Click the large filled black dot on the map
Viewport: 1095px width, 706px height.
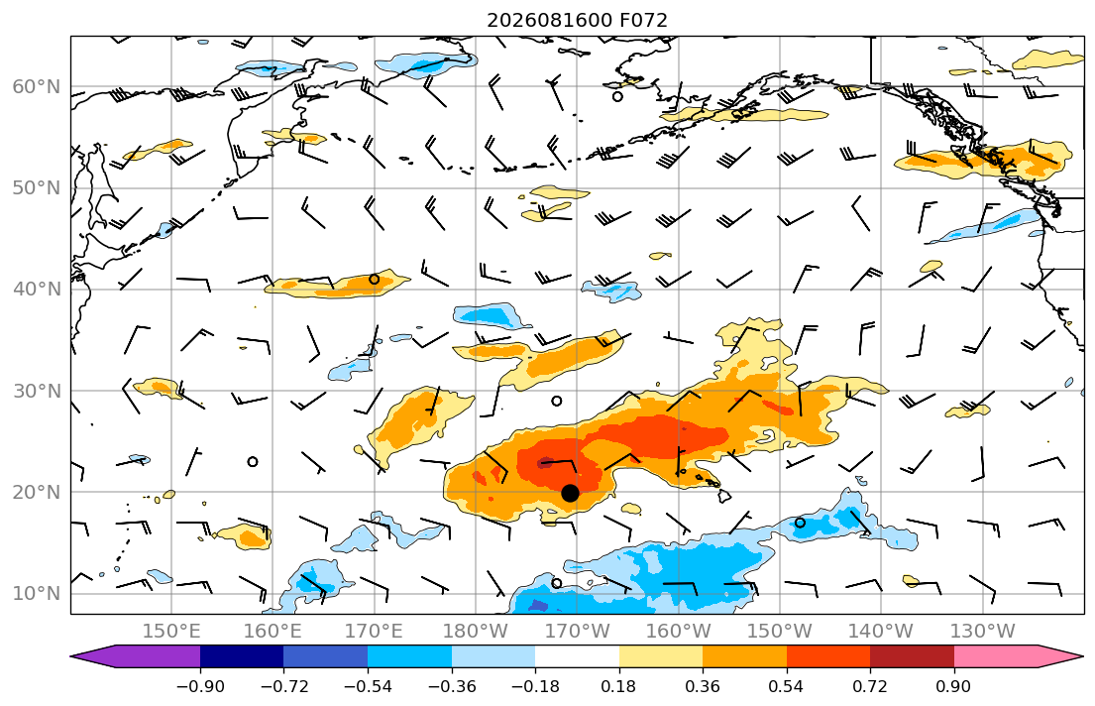pos(570,493)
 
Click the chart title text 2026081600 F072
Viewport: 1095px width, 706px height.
pos(577,20)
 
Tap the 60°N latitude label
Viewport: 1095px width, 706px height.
pos(37,86)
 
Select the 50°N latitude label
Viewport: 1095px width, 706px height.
pos(37,188)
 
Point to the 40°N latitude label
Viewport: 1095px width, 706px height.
pos(37,290)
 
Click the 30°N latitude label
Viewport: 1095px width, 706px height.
pos(37,391)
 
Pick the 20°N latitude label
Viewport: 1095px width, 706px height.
pos(37,492)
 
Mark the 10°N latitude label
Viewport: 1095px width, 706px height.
pos(37,594)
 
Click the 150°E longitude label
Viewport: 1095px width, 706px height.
pos(171,632)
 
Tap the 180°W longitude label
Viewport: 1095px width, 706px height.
pos(477,632)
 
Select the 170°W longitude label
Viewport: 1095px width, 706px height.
pos(578,632)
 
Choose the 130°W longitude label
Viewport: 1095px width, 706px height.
pos(983,632)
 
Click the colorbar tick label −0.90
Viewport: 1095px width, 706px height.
pos(200,686)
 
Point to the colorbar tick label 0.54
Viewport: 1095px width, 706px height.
pos(787,686)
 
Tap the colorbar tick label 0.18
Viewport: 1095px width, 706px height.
pos(618,686)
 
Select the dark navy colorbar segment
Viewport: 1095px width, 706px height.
pos(242,656)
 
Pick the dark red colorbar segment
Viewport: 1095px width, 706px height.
pos(912,656)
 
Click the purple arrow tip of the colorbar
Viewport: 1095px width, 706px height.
pos(71,656)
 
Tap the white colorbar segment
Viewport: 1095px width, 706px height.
pos(577,656)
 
